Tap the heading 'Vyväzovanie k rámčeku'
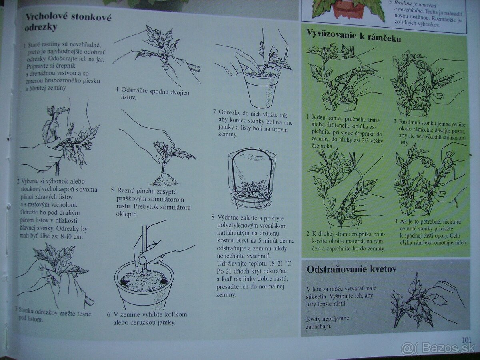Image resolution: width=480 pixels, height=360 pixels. point(354,36)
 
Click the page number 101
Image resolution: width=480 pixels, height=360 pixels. point(466,340)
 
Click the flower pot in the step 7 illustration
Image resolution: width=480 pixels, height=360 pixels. point(262,88)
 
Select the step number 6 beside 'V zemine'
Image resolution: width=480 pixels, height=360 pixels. point(109,315)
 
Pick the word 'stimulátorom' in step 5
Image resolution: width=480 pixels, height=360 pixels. point(166,199)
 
